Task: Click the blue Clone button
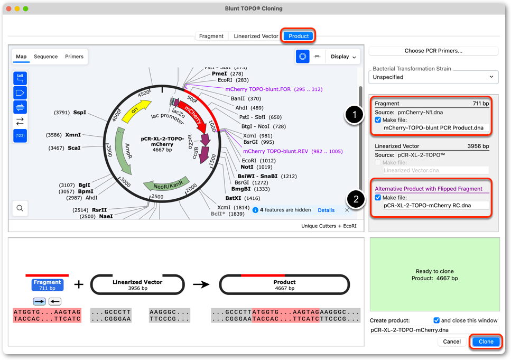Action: (486, 341)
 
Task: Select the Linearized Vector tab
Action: (256, 36)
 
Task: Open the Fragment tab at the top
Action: (211, 36)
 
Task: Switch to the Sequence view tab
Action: (45, 57)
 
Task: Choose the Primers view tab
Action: (74, 57)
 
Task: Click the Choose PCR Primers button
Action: (433, 51)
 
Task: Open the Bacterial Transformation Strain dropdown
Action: (433, 77)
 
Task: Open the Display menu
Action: (343, 57)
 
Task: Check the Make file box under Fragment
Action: (378, 120)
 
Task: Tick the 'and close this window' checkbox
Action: (436, 320)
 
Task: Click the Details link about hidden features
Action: (326, 210)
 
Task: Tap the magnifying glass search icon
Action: (20, 208)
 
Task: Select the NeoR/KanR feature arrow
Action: (167, 184)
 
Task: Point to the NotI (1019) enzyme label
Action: (256, 167)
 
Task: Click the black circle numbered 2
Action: (356, 199)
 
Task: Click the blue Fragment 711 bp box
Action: (47, 285)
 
